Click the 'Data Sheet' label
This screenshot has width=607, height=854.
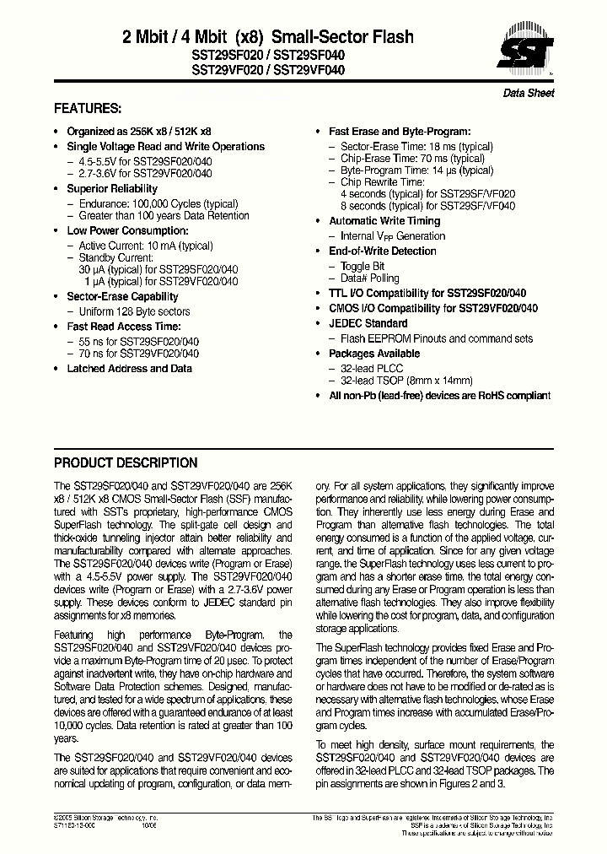(x=529, y=93)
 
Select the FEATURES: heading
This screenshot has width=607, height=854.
(x=88, y=109)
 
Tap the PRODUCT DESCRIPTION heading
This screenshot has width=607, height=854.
(x=126, y=462)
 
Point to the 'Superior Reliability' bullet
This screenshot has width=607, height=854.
(x=111, y=189)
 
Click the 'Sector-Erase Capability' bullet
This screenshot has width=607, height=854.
(x=122, y=297)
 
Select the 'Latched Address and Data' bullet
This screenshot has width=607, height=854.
(x=129, y=369)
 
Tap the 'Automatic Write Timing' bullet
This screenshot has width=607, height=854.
(x=384, y=221)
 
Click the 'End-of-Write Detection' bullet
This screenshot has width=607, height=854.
(x=382, y=251)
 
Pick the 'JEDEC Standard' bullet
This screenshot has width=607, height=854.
(x=368, y=323)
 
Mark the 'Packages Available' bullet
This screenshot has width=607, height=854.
(x=373, y=354)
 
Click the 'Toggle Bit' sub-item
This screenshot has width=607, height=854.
(x=362, y=266)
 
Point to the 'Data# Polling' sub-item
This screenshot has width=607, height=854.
(x=369, y=278)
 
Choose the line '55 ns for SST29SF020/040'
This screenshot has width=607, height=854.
(x=138, y=342)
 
